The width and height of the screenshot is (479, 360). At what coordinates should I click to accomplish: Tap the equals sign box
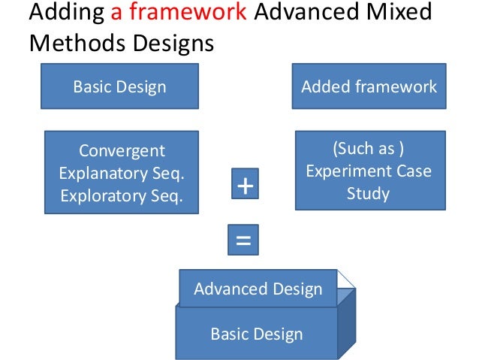pyautogui.click(x=243, y=241)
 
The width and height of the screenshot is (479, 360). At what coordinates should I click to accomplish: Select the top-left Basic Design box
pyautogui.click(x=119, y=86)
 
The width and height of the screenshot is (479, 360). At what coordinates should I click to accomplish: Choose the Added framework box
pyautogui.click(x=369, y=86)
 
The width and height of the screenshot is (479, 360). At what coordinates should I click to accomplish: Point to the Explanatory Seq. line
pyautogui.click(x=122, y=173)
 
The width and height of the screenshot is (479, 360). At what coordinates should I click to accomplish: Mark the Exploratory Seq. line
pyautogui.click(x=122, y=195)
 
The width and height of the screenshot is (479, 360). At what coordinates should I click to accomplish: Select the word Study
pyautogui.click(x=368, y=194)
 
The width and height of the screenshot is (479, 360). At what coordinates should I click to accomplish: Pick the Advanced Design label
pyautogui.click(x=258, y=289)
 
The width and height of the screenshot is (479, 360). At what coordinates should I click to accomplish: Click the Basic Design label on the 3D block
pyautogui.click(x=256, y=334)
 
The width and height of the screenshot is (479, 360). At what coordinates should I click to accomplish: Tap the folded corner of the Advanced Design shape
pyautogui.click(x=347, y=280)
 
